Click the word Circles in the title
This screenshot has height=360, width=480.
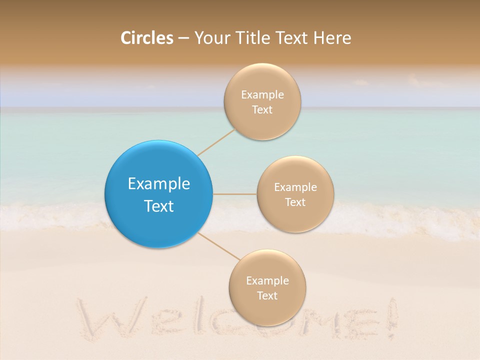[146, 38]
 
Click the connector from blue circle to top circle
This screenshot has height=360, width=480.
[216, 141]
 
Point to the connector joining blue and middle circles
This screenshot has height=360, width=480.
[234, 194]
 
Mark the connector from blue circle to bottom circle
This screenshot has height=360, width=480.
[219, 246]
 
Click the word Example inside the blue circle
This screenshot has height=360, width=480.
[158, 183]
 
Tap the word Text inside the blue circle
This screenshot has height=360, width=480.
[158, 206]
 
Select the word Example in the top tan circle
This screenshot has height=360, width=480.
[262, 94]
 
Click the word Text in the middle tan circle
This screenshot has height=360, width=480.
[295, 202]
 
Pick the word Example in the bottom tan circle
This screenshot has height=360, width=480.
[267, 280]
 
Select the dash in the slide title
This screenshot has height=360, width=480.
[183, 38]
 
